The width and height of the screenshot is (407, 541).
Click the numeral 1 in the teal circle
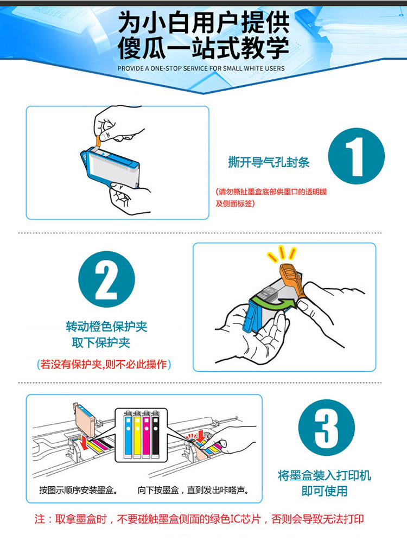pyautogui.click(x=355, y=156)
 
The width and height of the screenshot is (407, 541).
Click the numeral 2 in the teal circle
pyautogui.click(x=106, y=279)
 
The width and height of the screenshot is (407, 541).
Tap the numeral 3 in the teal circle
pyautogui.click(x=326, y=428)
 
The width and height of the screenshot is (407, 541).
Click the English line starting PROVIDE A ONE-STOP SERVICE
pyautogui.click(x=201, y=68)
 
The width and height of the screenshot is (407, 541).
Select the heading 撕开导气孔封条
pyautogui.click(x=269, y=162)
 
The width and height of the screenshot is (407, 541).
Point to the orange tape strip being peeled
pyautogui.click(x=99, y=141)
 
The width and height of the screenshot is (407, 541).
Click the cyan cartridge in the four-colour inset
pyautogui.click(x=128, y=434)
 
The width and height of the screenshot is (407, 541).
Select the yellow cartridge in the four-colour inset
pyautogui.click(x=137, y=434)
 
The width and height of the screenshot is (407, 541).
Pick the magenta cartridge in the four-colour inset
pyautogui.click(x=146, y=434)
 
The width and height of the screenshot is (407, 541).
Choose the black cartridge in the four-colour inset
pyautogui.click(x=156, y=434)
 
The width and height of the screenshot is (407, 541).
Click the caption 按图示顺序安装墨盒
pyautogui.click(x=78, y=490)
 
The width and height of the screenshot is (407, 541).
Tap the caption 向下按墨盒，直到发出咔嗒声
pyautogui.click(x=194, y=490)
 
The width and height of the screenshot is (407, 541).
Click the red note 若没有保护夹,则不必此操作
pyautogui.click(x=104, y=364)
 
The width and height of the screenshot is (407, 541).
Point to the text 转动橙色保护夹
pyautogui.click(x=106, y=327)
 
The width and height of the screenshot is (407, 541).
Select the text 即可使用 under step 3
pyautogui.click(x=325, y=491)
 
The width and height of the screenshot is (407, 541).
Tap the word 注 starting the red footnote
pyautogui.click(x=40, y=519)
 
